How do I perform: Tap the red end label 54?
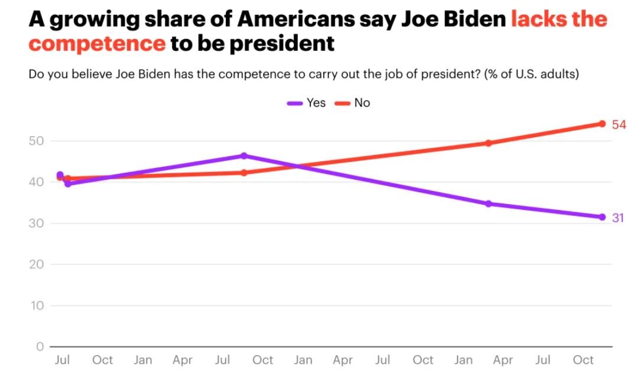click(x=618, y=124)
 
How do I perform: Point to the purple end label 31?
click(x=618, y=218)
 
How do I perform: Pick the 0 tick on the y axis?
click(x=40, y=347)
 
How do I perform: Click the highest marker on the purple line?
click(x=243, y=156)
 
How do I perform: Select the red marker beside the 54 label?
click(x=602, y=124)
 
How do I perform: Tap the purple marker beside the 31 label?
click(x=602, y=217)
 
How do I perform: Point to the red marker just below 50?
click(x=489, y=143)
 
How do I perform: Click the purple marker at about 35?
click(x=489, y=204)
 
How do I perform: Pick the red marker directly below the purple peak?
click(x=243, y=173)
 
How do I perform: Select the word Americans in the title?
click(x=295, y=19)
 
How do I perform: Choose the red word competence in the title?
click(x=97, y=43)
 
